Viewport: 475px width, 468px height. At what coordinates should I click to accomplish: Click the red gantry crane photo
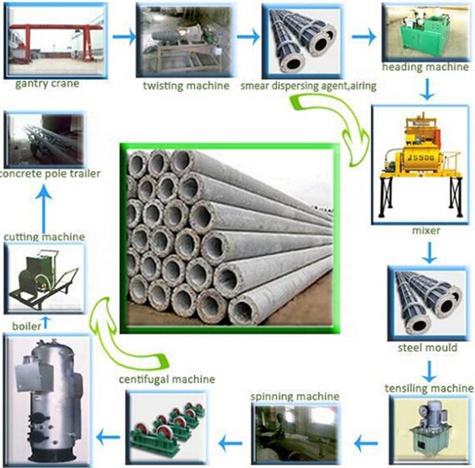56,41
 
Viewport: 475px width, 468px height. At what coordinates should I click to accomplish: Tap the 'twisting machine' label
186,86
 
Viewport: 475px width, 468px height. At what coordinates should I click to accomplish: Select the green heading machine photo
425,32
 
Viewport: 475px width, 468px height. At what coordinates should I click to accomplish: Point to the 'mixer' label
426,230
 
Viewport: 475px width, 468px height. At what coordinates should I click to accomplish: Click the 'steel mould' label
427,348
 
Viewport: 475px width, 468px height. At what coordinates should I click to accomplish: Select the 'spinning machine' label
294,397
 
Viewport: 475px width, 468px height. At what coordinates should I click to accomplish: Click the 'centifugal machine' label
167,379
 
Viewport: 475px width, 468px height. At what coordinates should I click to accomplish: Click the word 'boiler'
27,327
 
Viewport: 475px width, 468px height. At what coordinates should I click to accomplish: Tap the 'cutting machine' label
44,237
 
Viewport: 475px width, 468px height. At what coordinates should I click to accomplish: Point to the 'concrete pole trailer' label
49,174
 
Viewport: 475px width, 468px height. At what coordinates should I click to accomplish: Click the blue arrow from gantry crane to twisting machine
124,37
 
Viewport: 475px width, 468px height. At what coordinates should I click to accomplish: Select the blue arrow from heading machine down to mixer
427,89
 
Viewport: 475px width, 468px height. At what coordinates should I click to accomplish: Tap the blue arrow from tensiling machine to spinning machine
366,443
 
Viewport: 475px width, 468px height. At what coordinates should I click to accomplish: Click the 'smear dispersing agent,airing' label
308,86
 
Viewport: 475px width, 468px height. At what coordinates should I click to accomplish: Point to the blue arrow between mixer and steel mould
429,252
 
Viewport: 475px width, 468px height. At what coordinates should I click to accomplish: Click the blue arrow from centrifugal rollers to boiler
108,438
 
